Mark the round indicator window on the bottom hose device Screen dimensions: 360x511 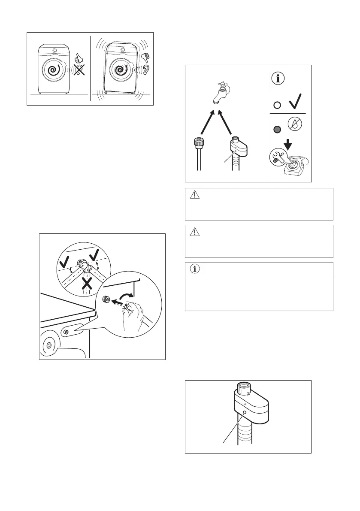tap(244, 412)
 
